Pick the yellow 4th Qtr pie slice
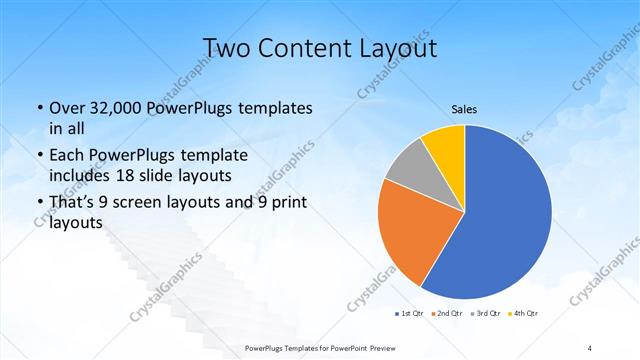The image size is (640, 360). [443, 146]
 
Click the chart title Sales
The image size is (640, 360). [465, 109]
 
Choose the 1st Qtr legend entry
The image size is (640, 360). [409, 314]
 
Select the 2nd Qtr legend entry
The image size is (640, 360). [445, 314]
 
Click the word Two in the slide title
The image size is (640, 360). [227, 47]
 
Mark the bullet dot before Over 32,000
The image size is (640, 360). [39, 108]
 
